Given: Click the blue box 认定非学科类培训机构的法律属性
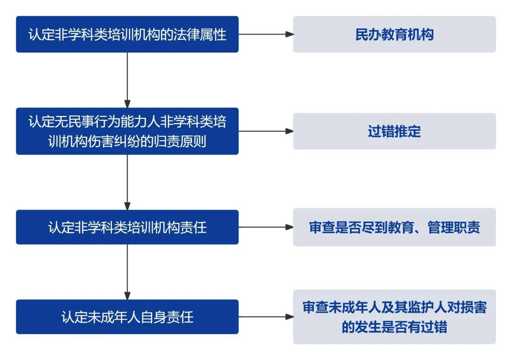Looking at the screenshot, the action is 127,34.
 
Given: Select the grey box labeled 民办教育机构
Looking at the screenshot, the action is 394,34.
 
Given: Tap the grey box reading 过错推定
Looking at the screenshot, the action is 394,131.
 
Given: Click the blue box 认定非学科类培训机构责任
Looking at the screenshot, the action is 127,227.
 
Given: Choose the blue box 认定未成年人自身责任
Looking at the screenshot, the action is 127,316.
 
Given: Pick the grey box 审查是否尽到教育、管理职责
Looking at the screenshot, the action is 394,227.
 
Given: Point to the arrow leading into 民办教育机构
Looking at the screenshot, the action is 266,34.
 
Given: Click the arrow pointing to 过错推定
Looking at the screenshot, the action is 266,131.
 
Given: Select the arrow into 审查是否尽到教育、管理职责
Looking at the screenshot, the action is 266,227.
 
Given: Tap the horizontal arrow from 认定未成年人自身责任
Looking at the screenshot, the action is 266,316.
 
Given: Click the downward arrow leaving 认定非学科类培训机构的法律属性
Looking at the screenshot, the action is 128,80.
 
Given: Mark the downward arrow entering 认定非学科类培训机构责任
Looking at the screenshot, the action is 128,182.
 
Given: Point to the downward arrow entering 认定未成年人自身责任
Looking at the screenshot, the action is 128,272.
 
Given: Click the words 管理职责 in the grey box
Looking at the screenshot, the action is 454,227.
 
